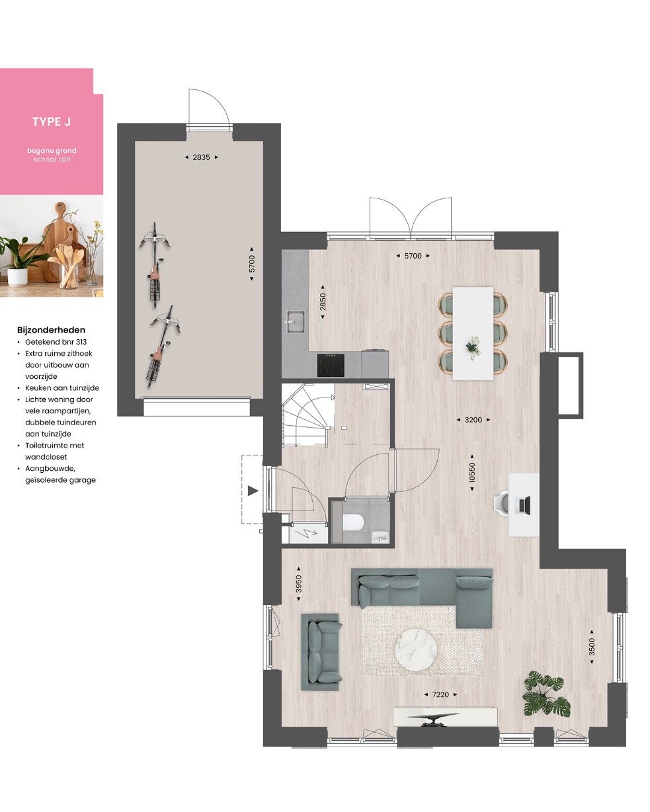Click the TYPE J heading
pyautogui.click(x=52, y=122)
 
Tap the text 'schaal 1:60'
pyautogui.click(x=52, y=159)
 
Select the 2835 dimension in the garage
pyautogui.click(x=201, y=157)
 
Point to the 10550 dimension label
pyautogui.click(x=472, y=472)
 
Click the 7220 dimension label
pyautogui.click(x=440, y=694)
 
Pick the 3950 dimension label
pyautogui.click(x=299, y=583)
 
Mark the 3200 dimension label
pyautogui.click(x=473, y=420)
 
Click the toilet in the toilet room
pyautogui.click(x=353, y=522)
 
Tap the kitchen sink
pyautogui.click(x=295, y=321)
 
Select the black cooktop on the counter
pyautogui.click(x=331, y=365)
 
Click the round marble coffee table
pyautogui.click(x=416, y=649)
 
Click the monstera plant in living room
pyautogui.click(x=546, y=694)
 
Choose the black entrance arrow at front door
pyautogui.click(x=253, y=491)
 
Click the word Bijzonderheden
pyautogui.click(x=52, y=330)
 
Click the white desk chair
pyautogui.click(x=501, y=502)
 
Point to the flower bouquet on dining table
pyautogui.click(x=473, y=348)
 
